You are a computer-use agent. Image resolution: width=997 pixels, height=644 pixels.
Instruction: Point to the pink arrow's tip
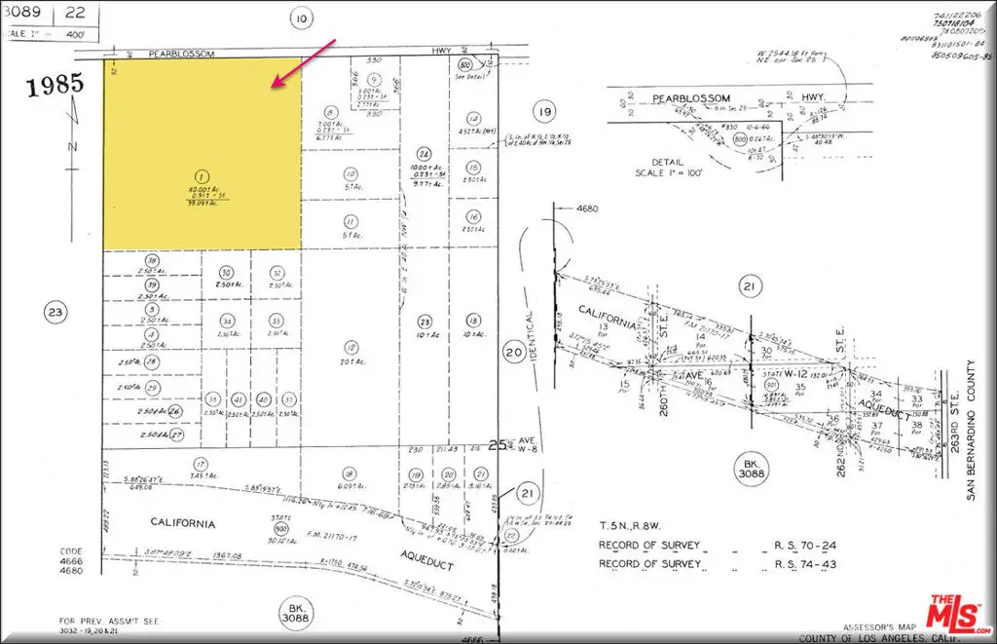click(x=275, y=89)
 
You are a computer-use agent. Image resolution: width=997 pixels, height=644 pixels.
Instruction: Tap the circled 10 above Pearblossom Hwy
click(x=303, y=17)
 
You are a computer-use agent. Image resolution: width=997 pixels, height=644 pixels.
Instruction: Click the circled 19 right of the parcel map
click(x=543, y=110)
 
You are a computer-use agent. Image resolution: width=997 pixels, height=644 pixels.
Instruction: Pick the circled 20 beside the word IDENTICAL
click(x=513, y=353)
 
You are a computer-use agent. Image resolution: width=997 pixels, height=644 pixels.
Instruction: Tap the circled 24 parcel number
click(x=424, y=154)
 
